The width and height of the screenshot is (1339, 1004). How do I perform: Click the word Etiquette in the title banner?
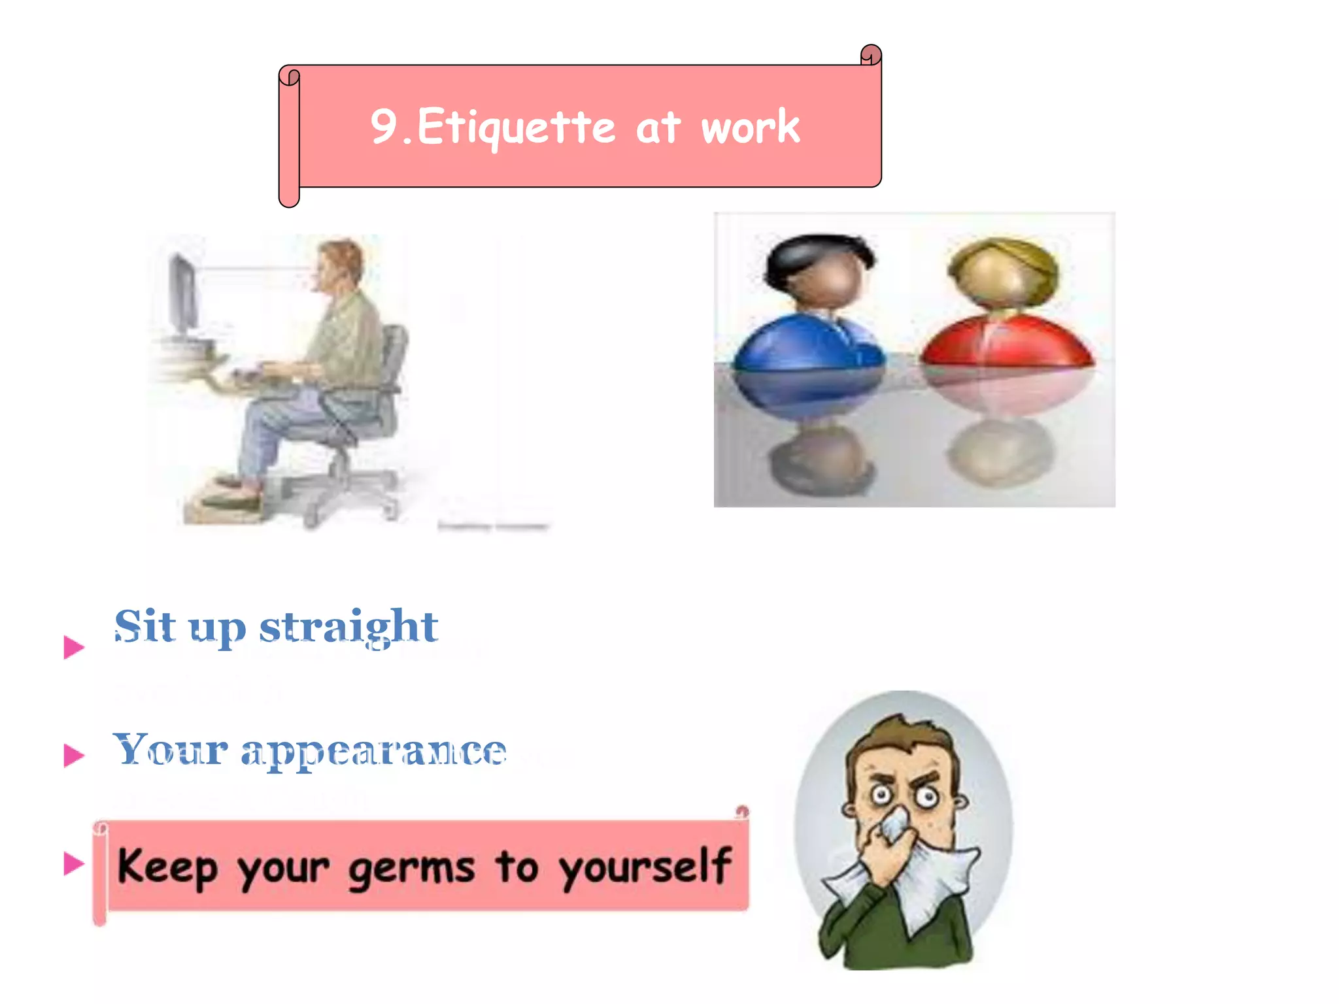(x=517, y=127)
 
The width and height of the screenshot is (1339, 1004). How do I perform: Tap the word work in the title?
(x=751, y=127)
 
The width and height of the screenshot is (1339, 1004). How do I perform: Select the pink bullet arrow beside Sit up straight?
(x=74, y=647)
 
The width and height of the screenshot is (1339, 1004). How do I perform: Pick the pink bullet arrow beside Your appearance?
(x=74, y=755)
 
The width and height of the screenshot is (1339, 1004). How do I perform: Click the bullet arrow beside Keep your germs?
(x=74, y=863)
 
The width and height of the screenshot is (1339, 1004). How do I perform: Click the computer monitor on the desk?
(x=183, y=294)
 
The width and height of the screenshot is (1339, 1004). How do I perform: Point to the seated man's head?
(x=340, y=265)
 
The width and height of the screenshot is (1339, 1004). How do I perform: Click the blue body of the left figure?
(x=809, y=346)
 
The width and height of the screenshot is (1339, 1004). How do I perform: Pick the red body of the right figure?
(x=1007, y=343)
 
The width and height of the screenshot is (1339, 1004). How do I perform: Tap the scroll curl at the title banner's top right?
(x=871, y=55)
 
